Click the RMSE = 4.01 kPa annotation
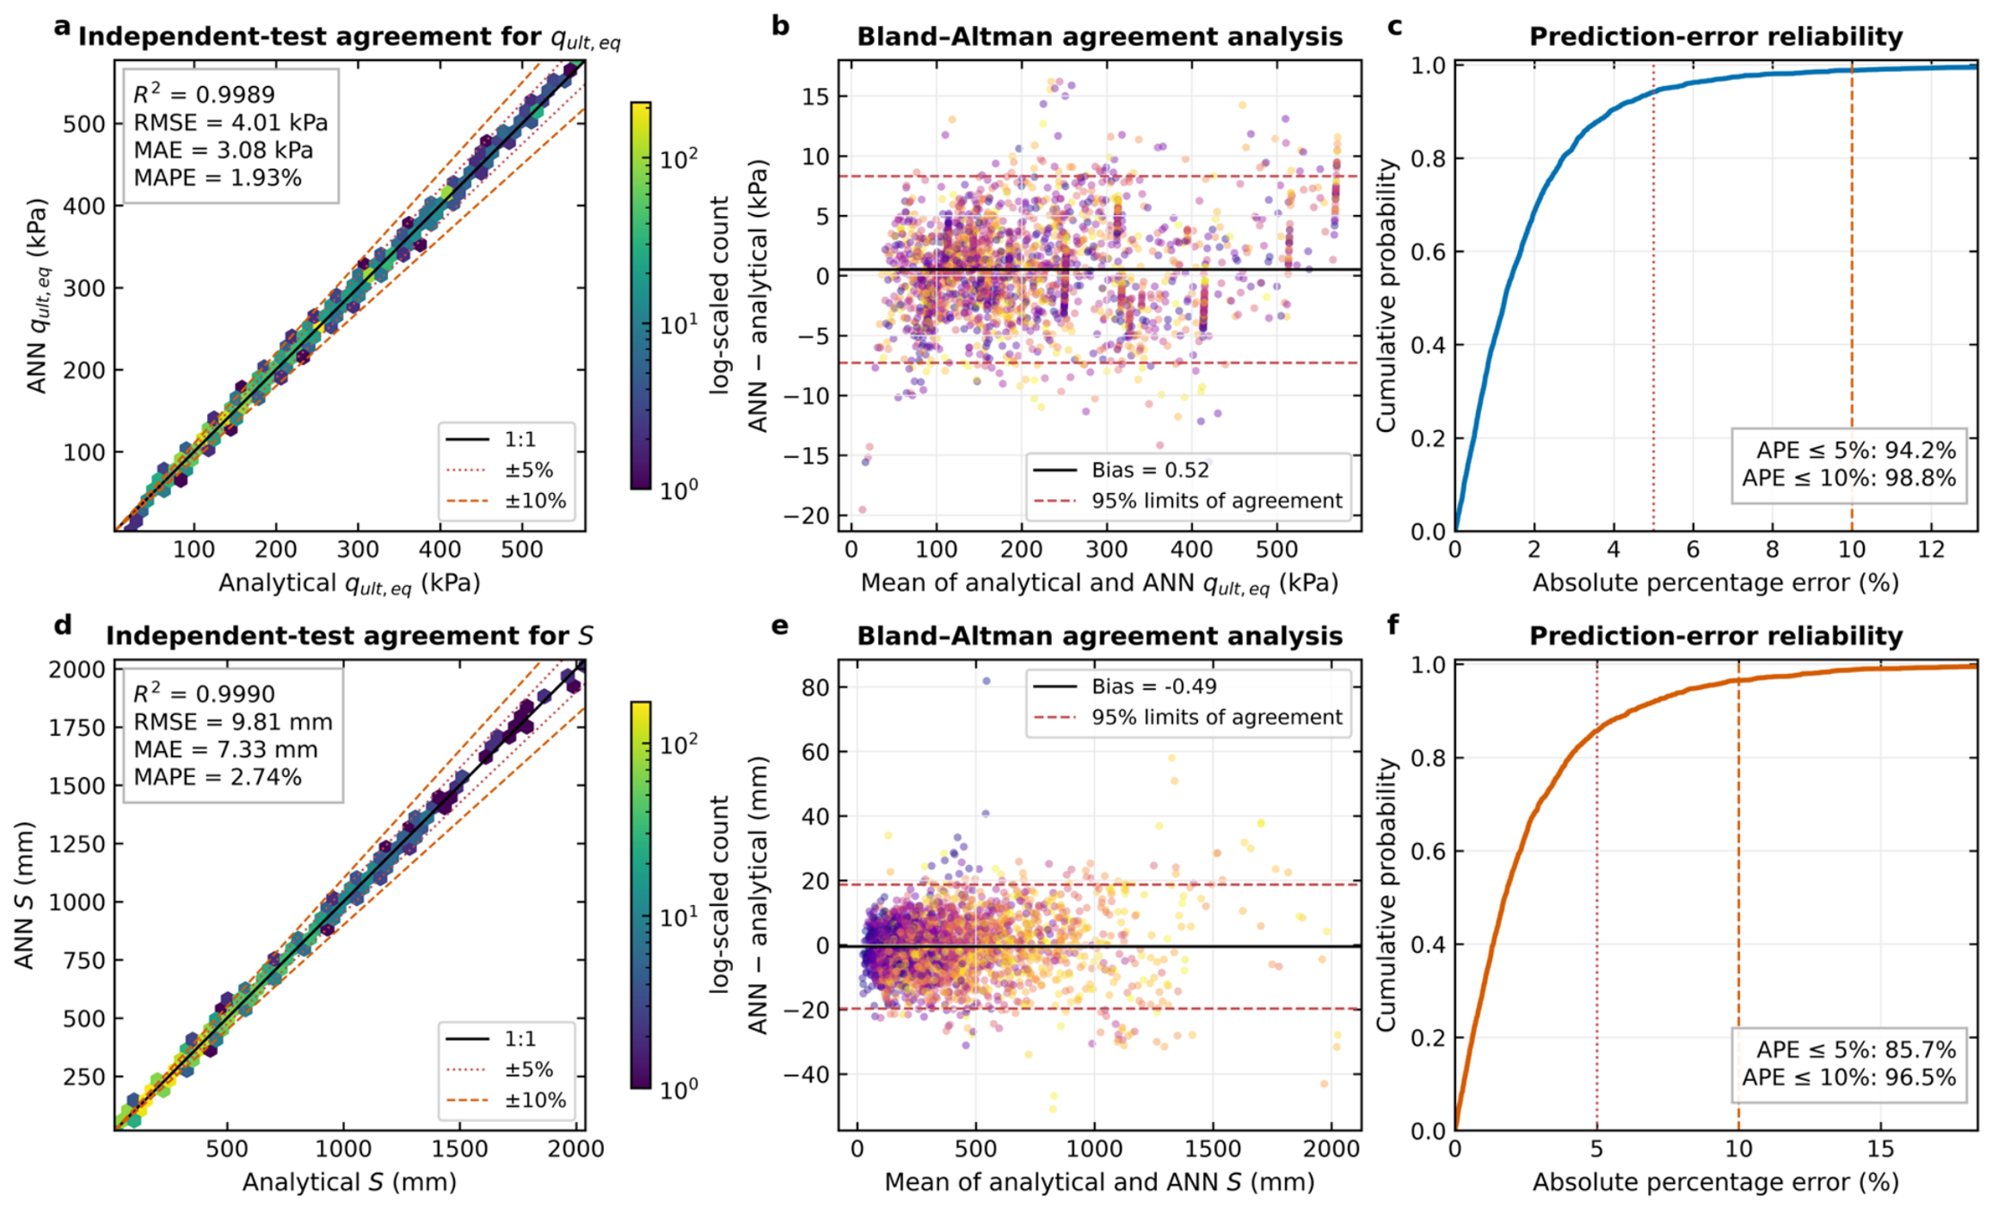click(x=230, y=123)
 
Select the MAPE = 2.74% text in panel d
click(x=218, y=777)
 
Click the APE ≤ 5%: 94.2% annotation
click(x=1856, y=450)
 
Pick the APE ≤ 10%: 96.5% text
click(x=1849, y=1077)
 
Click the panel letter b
click(x=780, y=26)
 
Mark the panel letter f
click(x=1393, y=624)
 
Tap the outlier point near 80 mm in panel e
click(x=987, y=681)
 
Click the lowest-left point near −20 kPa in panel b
click(x=862, y=510)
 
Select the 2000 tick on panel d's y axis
click(x=77, y=669)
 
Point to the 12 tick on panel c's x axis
click(x=1931, y=549)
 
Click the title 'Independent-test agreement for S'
click(x=349, y=635)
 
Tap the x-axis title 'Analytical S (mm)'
click(x=349, y=1182)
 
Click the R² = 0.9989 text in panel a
click(x=204, y=94)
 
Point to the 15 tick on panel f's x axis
click(x=1880, y=1149)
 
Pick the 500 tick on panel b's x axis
click(x=1276, y=549)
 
